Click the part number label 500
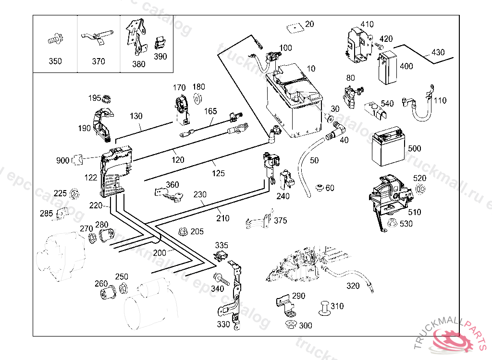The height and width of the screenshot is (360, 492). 415,149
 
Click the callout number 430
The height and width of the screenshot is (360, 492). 438,52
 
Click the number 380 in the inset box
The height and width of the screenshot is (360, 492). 138,64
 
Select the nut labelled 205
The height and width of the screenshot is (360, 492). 183,232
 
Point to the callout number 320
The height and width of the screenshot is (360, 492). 353,286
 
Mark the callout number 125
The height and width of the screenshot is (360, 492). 218,173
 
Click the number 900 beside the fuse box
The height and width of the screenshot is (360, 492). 62,160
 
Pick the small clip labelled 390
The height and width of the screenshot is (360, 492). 160,44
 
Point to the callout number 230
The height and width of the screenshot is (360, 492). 200,194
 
